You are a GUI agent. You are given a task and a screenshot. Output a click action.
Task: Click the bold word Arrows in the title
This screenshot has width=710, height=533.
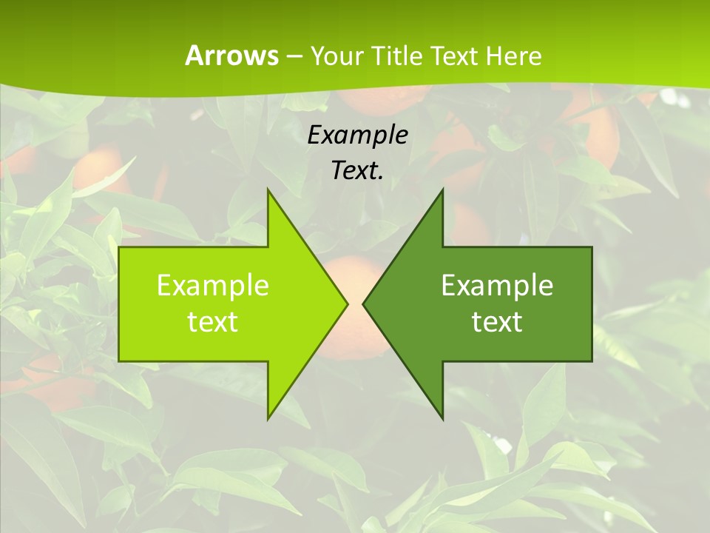point(231,56)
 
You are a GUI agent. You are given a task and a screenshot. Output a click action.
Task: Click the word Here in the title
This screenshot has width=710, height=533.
point(513,56)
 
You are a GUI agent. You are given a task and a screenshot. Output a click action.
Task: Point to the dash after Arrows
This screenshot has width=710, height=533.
point(294,56)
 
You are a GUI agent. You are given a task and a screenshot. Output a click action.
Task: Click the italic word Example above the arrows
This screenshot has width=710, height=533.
point(357,135)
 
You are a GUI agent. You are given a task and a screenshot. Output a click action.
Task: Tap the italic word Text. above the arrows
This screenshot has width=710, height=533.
point(356,170)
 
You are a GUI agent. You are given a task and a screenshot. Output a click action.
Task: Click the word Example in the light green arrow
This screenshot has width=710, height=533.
point(212,285)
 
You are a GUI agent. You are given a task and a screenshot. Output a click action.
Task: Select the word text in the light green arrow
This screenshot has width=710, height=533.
point(212,322)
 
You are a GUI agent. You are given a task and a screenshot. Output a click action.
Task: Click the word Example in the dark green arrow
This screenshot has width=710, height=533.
point(497,285)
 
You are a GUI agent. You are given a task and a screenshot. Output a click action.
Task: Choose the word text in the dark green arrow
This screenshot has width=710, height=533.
point(497,322)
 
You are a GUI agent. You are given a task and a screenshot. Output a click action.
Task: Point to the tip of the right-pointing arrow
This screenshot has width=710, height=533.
point(346,304)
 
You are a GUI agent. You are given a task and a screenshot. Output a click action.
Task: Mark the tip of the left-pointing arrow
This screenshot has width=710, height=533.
point(364,304)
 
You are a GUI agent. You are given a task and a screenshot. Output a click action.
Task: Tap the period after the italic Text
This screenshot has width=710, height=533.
point(381,178)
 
